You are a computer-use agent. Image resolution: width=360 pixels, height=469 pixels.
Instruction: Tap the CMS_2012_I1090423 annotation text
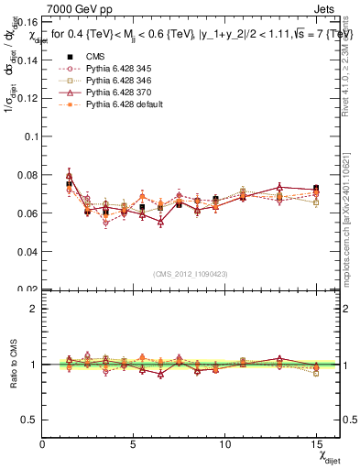pos(191,272)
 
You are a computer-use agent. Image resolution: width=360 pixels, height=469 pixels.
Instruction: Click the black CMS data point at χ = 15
pos(316,189)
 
